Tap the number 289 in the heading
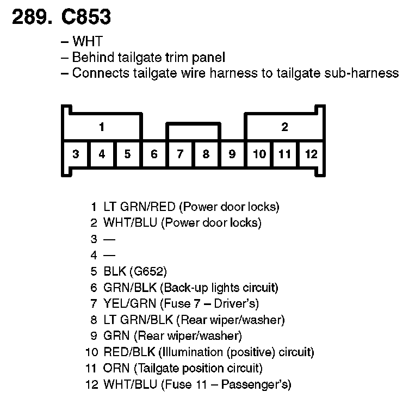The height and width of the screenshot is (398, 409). coord(30,17)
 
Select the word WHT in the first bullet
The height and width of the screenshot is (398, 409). coord(87,41)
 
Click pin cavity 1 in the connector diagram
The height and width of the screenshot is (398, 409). coord(102,128)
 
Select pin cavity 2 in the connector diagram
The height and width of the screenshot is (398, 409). coord(284,128)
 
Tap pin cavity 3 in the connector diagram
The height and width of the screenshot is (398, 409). coord(76,154)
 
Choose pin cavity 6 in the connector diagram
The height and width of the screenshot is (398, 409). coord(154,154)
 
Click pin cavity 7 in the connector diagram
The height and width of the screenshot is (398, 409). coord(180,154)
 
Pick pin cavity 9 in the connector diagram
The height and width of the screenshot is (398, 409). coord(232,154)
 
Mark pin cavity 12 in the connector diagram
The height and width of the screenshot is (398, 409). coord(311,154)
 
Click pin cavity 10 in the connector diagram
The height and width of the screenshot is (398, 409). coord(259,154)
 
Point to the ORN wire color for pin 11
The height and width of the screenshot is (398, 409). coord(115,369)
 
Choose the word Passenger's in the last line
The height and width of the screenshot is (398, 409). coord(261,385)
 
